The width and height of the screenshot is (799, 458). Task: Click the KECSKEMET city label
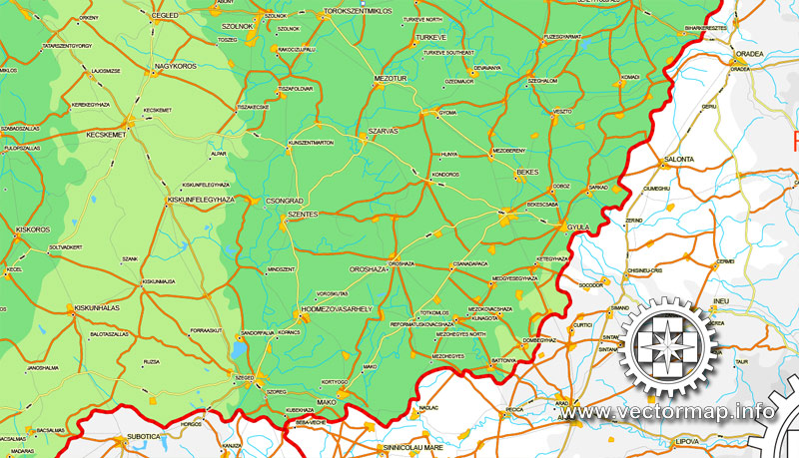click(x=108, y=133)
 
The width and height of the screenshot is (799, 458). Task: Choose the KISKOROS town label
click(x=33, y=229)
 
